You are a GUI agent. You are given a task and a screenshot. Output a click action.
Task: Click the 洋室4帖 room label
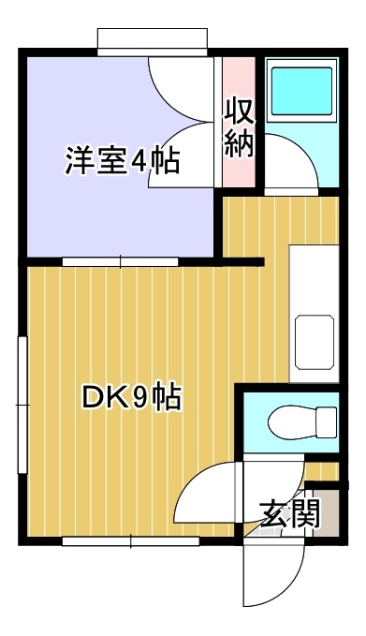[x=123, y=160]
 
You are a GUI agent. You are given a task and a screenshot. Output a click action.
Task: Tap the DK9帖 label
[x=131, y=397]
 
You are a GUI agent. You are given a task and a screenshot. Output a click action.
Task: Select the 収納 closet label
[x=239, y=127]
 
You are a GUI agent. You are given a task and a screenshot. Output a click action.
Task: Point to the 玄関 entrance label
[x=289, y=513]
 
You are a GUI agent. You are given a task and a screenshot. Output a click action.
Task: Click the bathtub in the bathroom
[x=302, y=91]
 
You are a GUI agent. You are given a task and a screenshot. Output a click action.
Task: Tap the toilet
[x=302, y=422]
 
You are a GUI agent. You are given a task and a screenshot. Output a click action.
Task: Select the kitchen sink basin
[x=315, y=342]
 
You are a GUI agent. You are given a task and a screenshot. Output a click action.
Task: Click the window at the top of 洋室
[x=153, y=42]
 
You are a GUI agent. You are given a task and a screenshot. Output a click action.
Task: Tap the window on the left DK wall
[x=22, y=405]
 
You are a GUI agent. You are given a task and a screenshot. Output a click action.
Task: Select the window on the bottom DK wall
[x=130, y=541]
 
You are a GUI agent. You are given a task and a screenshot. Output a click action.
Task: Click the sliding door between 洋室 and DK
[x=120, y=261]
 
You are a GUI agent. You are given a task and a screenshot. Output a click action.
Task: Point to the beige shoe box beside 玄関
[x=327, y=512]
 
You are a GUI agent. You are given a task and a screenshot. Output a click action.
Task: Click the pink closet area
[x=239, y=122]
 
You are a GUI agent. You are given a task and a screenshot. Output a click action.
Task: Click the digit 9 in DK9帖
[x=142, y=397]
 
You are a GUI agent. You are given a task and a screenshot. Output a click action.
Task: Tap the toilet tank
[x=327, y=422]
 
